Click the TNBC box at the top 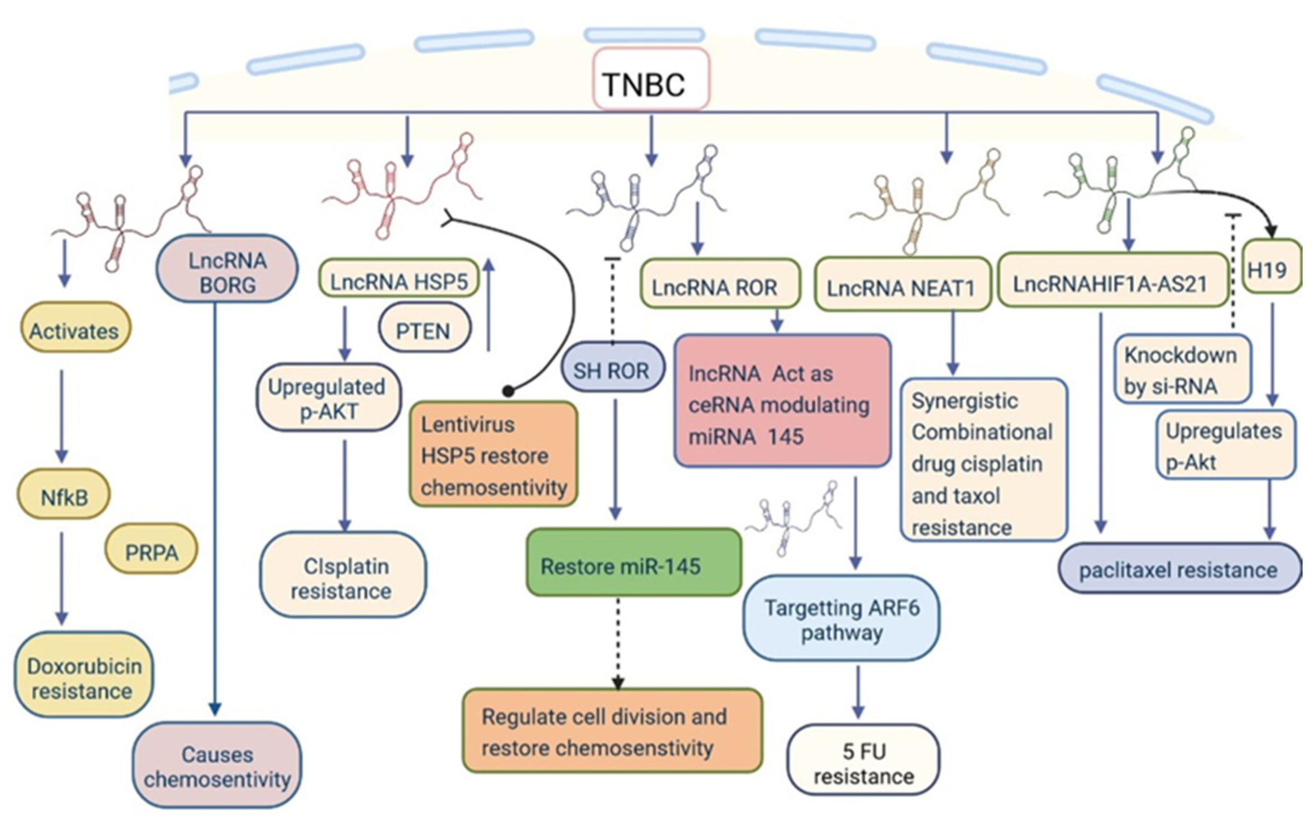(x=651, y=79)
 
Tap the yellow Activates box (x=75, y=327)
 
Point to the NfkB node (x=64, y=494)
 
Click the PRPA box (x=151, y=548)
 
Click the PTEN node (x=425, y=328)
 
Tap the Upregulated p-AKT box (x=329, y=397)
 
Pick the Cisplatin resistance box (x=343, y=574)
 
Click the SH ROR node (x=612, y=367)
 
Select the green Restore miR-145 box (x=634, y=562)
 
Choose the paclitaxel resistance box (x=1180, y=569)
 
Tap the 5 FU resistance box (x=863, y=760)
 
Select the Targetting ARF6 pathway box (x=841, y=618)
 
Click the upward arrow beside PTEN (x=489, y=305)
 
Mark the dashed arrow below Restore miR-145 (x=618, y=643)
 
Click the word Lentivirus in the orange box (x=468, y=424)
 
